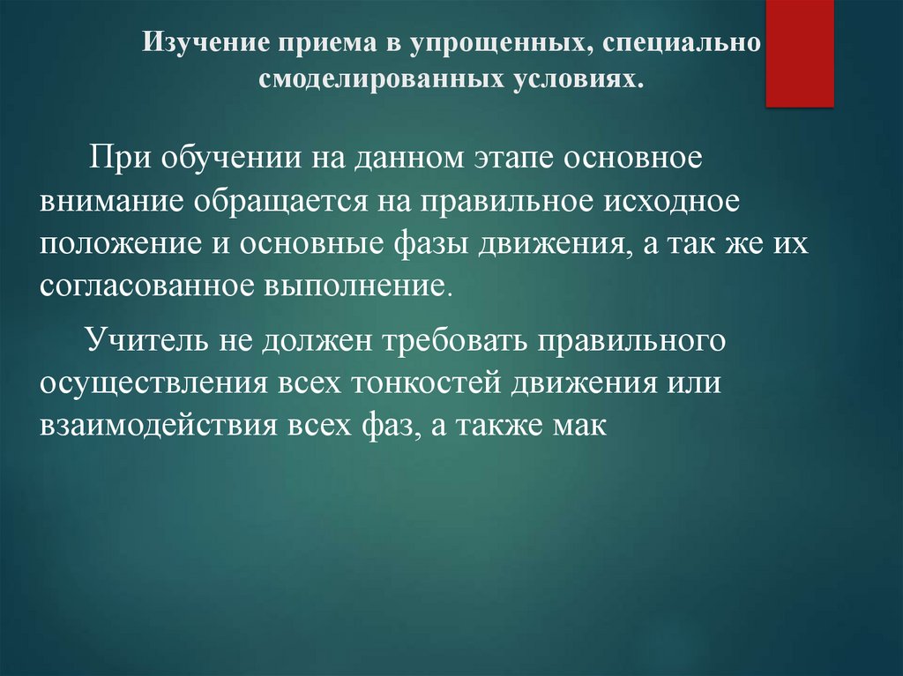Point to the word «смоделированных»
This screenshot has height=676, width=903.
click(381, 79)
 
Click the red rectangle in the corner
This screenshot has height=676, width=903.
click(800, 53)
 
